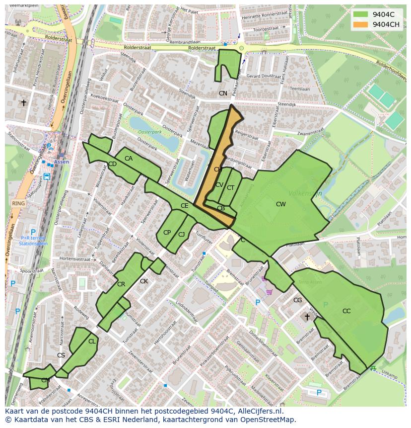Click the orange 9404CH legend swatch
[361, 24]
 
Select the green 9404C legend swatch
[361, 14]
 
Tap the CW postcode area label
[281, 204]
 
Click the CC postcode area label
[346, 311]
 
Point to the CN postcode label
[223, 93]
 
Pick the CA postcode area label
[129, 159]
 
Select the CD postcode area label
[112, 164]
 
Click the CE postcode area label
[184, 206]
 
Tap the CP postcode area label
[167, 233]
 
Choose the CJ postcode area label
[182, 235]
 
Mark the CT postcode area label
[230, 188]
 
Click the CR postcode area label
[121, 284]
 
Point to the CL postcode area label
[92, 342]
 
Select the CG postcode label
[297, 300]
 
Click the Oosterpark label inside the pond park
[150, 132]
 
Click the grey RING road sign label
[18, 203]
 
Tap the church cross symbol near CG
[307, 317]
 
